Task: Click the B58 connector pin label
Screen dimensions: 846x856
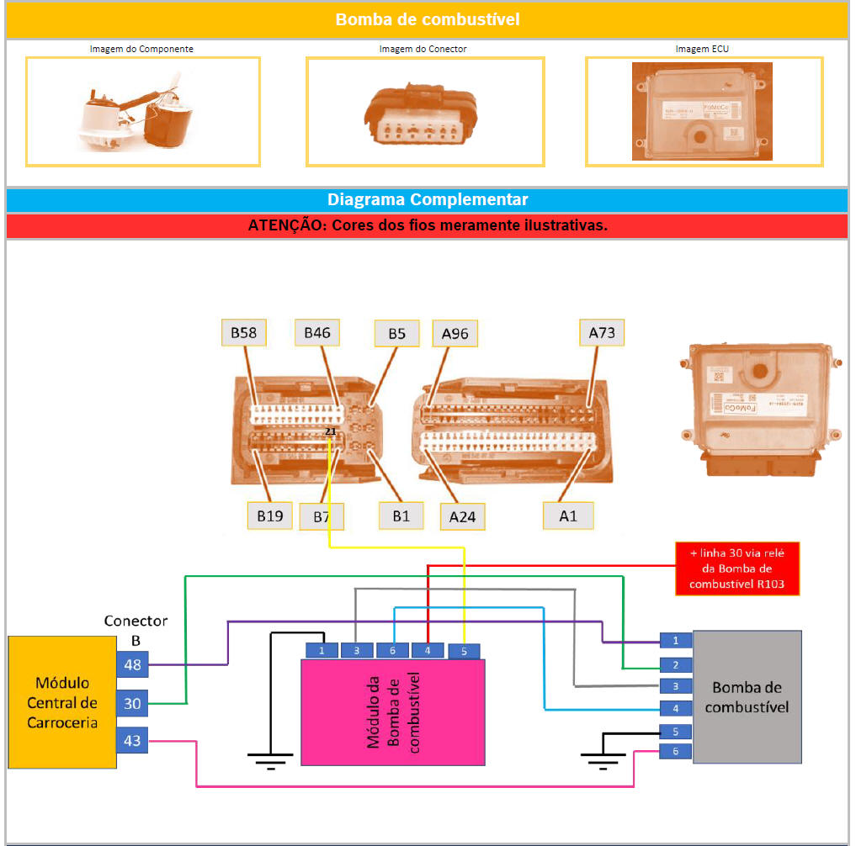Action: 243,334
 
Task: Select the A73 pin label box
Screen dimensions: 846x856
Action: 602,333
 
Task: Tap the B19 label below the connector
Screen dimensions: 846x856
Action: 269,516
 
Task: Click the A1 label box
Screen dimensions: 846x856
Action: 568,515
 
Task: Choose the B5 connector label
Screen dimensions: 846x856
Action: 396,334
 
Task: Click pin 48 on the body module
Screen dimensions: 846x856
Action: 132,664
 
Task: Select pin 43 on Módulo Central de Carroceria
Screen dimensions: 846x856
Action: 132,741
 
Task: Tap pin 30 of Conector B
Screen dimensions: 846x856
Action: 132,703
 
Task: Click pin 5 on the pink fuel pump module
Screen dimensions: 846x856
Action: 464,650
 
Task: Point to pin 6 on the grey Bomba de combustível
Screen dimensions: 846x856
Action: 675,751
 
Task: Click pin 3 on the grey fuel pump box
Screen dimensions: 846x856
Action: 675,685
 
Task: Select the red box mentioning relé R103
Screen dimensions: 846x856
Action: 736,568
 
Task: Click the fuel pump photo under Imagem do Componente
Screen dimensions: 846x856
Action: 142,111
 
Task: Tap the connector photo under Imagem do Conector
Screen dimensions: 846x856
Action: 424,111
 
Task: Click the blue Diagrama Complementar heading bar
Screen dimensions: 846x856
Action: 427,200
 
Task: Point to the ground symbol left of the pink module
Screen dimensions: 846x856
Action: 270,761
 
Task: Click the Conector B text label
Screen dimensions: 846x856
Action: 136,629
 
